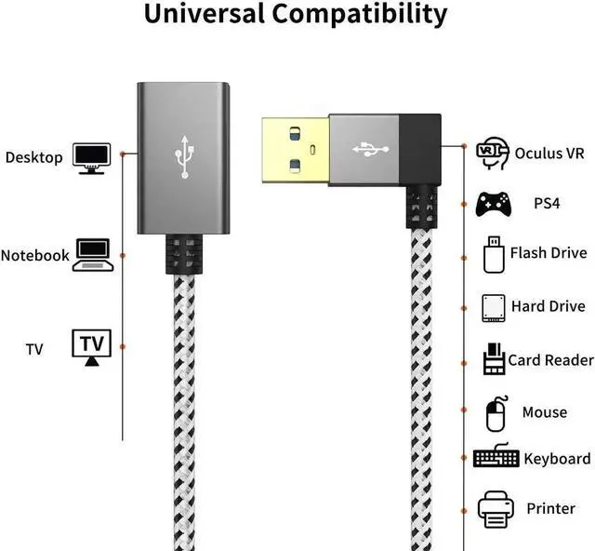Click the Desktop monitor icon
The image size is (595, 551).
tap(91, 157)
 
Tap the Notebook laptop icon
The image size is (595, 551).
tap(93, 254)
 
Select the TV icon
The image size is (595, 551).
tap(91, 346)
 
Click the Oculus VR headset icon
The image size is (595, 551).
tap(492, 152)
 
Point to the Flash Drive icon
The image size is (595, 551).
tap(493, 253)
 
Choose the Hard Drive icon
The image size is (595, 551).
tap(494, 307)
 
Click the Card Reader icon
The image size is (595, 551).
tap(494, 359)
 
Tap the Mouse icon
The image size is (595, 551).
tap(496, 413)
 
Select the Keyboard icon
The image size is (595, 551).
tap(496, 458)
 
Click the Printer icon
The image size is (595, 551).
tap(495, 508)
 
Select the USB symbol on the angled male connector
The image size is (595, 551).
tap(364, 147)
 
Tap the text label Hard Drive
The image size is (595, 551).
tap(548, 306)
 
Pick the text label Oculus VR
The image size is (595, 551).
tap(550, 153)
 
